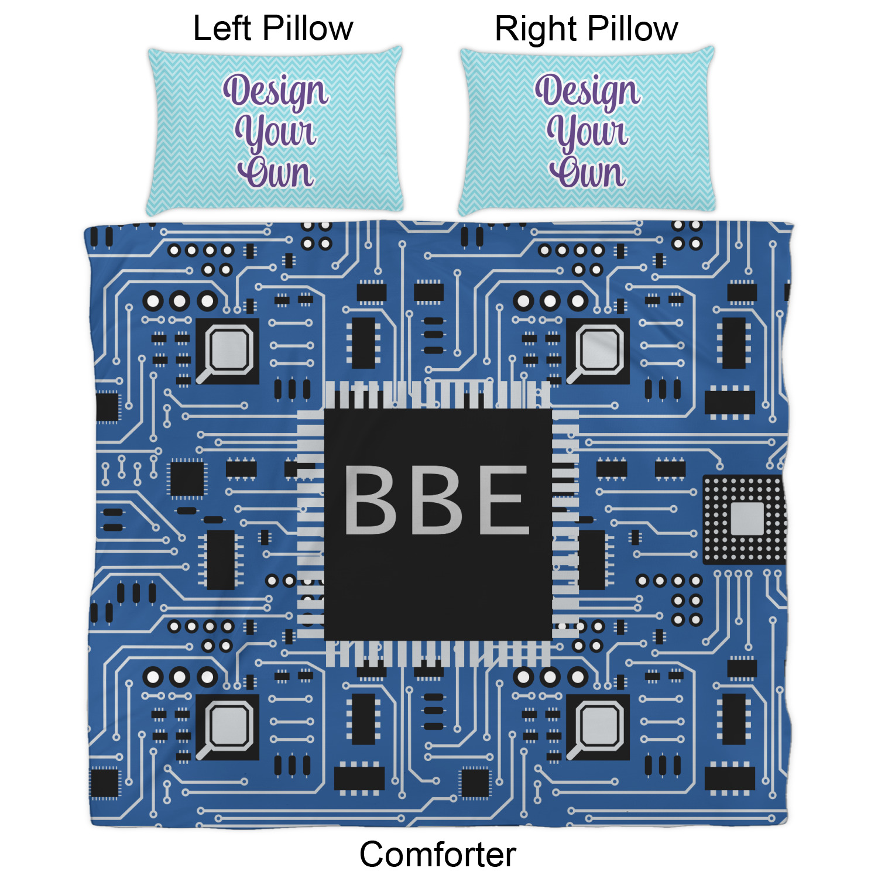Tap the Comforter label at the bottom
coord(438,854)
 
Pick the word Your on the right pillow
coord(588,132)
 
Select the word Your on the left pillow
coord(275,132)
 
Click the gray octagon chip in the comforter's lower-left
coord(230,726)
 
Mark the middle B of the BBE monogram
coord(437,500)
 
